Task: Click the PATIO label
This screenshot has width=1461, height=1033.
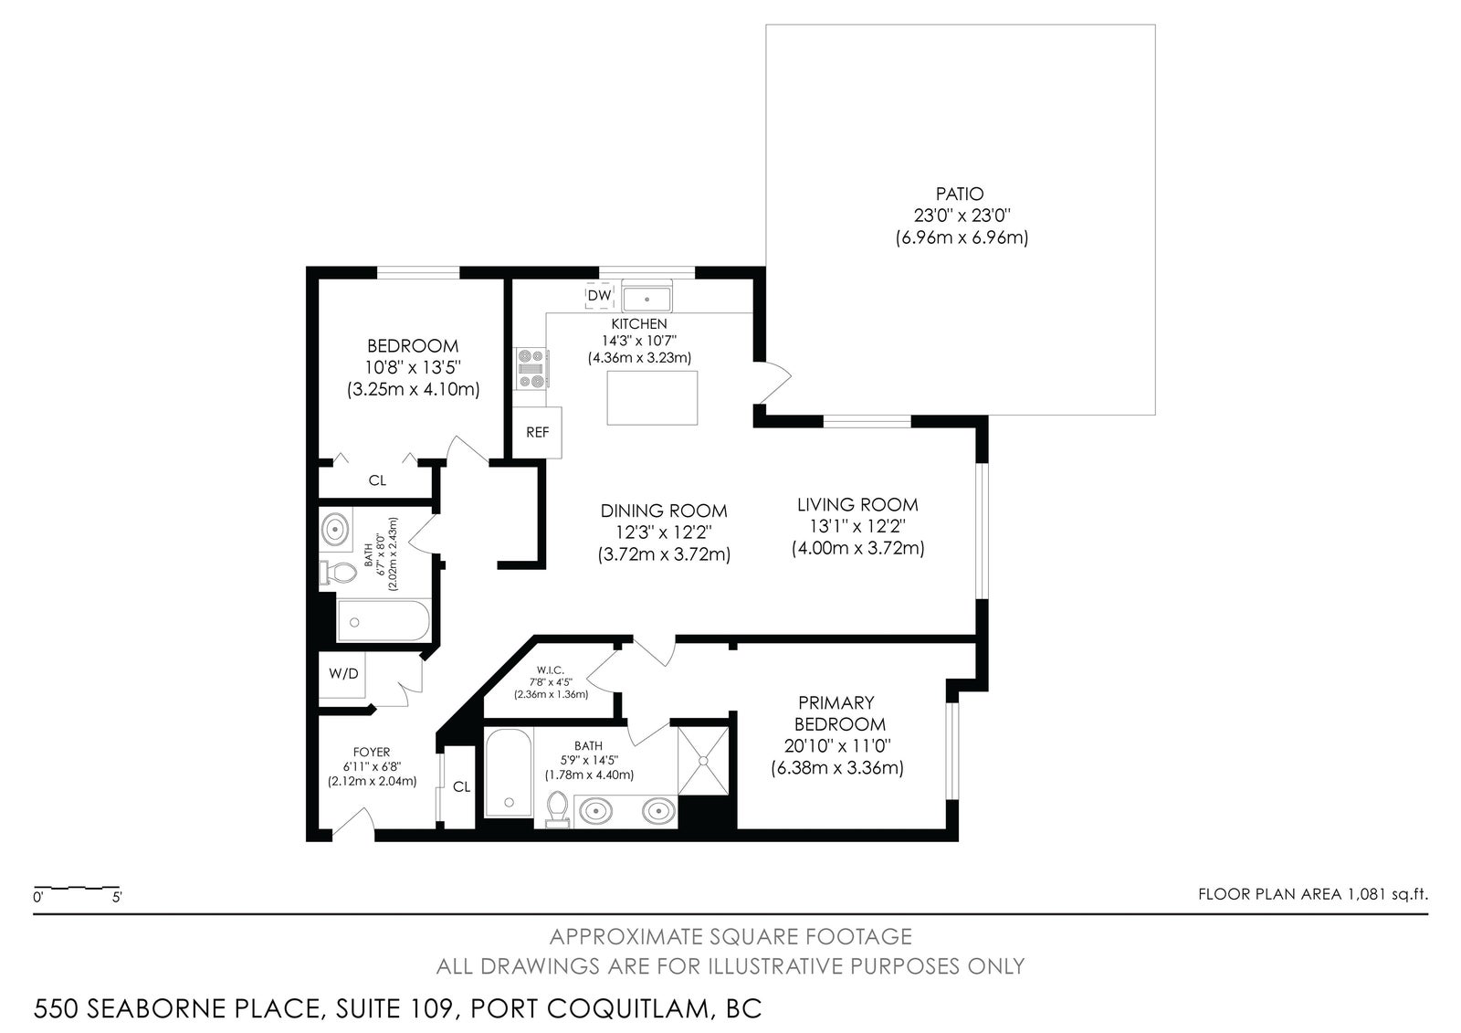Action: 960,194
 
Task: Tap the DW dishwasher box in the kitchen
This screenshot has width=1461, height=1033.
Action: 599,295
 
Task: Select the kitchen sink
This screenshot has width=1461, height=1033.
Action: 646,299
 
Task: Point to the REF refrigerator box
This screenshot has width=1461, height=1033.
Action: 537,432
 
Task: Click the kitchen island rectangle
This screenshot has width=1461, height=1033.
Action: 652,398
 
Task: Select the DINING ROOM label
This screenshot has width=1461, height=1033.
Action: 663,511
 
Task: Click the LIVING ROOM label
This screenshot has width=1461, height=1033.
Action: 857,504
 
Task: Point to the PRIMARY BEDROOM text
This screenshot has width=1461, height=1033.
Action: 837,713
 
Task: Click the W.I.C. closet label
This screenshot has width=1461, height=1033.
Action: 550,670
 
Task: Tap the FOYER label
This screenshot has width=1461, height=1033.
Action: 371,753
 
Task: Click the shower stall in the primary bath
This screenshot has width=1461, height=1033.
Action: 703,760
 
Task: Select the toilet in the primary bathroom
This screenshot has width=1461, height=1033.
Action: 557,809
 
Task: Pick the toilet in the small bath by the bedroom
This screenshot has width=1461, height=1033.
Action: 338,573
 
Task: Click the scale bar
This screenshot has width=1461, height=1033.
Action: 77,888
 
